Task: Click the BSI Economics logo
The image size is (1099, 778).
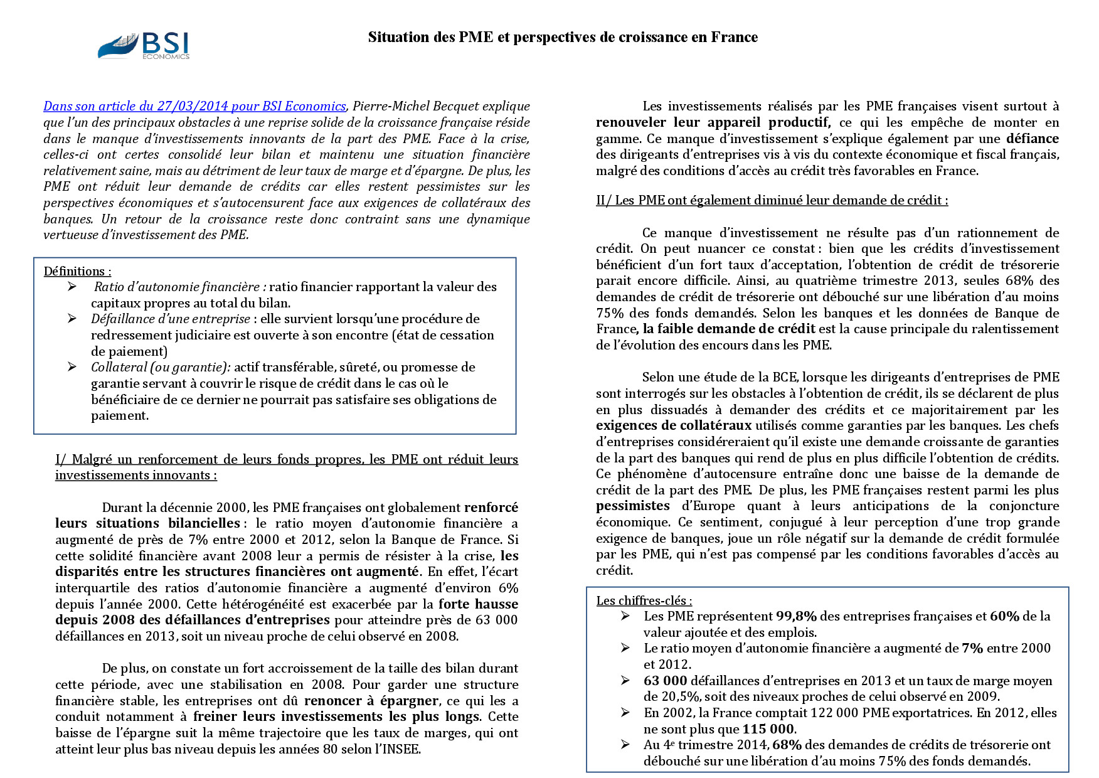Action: [144, 46]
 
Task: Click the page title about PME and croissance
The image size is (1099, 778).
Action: [563, 37]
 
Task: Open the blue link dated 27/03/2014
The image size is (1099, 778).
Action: [194, 106]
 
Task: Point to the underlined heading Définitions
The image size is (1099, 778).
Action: [77, 271]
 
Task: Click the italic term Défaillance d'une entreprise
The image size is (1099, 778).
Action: [170, 319]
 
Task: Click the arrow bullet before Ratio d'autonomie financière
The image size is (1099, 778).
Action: [73, 287]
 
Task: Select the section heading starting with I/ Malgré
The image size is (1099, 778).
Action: [287, 467]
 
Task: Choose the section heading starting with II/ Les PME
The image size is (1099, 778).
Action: [772, 200]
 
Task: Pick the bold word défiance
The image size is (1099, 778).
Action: [1033, 139]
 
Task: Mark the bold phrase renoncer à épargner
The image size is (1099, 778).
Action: [371, 700]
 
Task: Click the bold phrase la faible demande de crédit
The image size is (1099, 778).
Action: [729, 329]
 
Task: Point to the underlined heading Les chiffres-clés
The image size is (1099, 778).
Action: [644, 600]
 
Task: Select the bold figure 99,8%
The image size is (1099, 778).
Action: [796, 616]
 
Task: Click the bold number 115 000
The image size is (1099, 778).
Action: [768, 729]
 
